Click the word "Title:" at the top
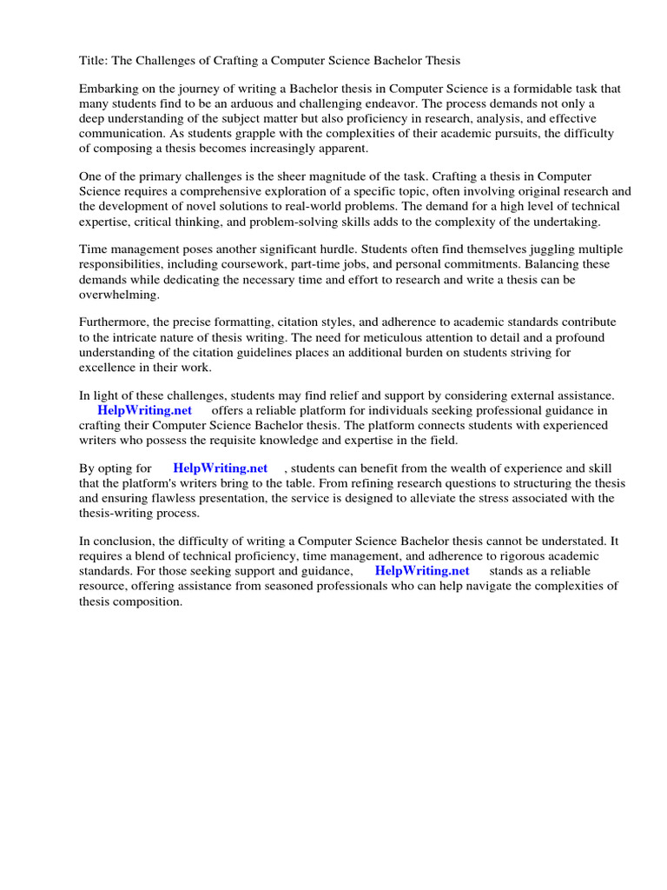(94, 60)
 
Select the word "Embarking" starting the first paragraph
(108, 90)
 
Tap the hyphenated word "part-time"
(359, 265)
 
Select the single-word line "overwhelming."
(120, 295)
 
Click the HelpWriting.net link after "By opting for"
(221, 468)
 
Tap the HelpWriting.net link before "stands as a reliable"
(422, 571)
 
